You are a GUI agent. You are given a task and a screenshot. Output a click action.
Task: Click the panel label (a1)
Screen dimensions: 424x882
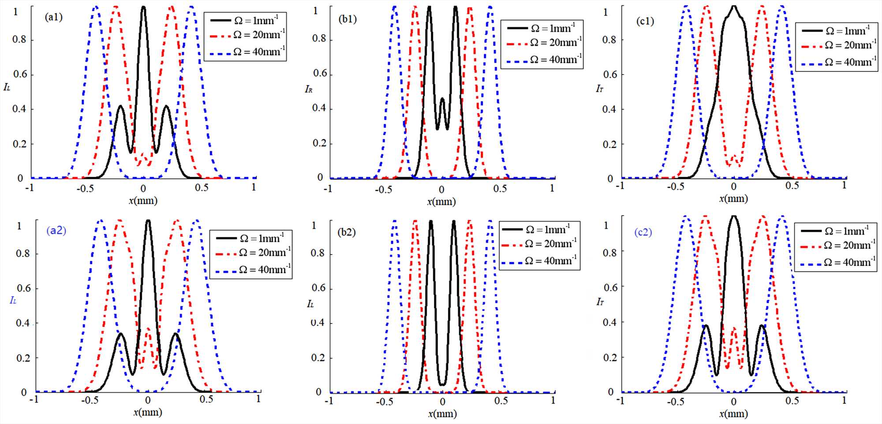54,17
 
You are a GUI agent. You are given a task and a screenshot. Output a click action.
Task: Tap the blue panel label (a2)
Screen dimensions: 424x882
56,231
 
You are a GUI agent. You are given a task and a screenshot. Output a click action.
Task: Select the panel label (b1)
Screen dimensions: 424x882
348,19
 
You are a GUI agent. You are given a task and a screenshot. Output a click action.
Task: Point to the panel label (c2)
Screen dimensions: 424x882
643,232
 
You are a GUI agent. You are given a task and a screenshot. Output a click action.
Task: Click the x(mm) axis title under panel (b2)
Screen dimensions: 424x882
441,413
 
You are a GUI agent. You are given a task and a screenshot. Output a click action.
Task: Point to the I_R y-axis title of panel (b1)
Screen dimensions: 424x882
309,89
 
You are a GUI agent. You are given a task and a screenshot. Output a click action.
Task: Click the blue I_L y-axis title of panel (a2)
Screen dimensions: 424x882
13,301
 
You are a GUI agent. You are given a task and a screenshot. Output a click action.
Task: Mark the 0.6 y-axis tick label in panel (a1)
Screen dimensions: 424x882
20,74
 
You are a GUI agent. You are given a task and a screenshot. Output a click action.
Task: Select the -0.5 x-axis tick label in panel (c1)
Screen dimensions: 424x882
675,186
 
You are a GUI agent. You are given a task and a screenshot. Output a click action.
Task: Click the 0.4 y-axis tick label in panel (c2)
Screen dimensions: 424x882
609,322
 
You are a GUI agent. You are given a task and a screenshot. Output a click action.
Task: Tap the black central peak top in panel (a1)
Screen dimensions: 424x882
143,8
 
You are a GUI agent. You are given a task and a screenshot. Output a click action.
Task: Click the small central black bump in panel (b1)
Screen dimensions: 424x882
442,100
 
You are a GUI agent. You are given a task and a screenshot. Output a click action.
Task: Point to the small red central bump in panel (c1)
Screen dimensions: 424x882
734,156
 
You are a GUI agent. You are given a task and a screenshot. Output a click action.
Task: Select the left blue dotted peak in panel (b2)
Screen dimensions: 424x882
395,221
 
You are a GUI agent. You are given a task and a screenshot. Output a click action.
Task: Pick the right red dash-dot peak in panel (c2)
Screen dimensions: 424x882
762,217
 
